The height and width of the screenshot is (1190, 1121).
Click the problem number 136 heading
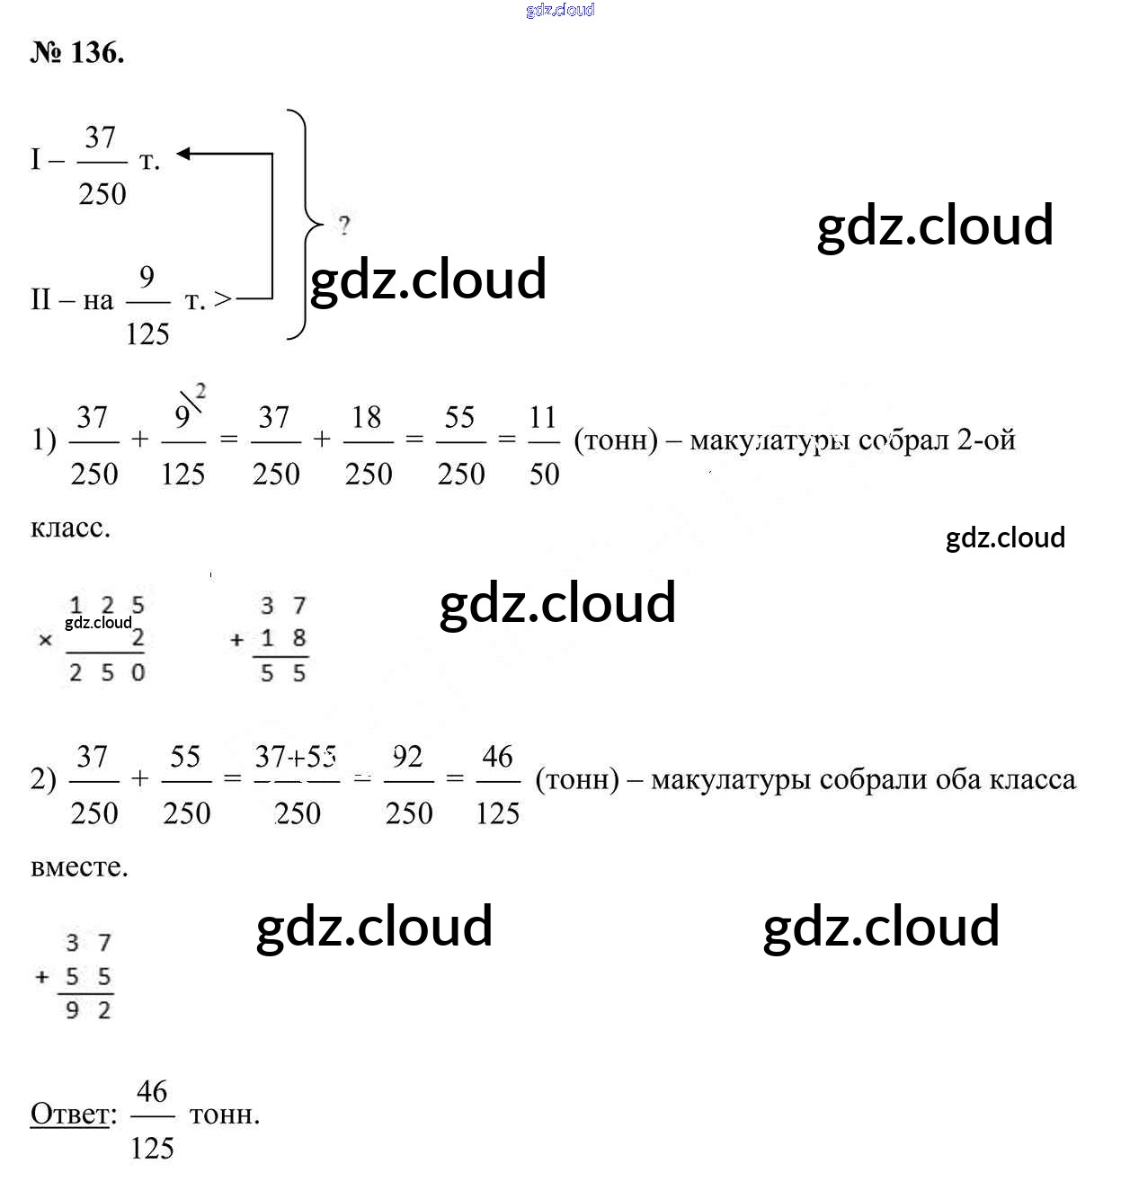coord(77,53)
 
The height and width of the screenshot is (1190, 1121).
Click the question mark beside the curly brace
coord(344,225)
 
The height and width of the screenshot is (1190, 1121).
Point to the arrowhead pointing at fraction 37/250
coord(183,154)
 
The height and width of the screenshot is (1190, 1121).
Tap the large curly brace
coord(303,225)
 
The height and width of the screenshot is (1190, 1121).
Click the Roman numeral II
coord(40,299)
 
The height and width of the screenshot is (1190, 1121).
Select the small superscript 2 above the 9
coord(200,391)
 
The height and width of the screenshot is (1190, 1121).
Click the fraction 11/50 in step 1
coord(543,444)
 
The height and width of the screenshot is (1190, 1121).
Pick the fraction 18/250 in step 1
coord(368,444)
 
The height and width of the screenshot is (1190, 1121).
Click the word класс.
coord(70,528)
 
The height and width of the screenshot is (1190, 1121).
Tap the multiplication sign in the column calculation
coord(46,641)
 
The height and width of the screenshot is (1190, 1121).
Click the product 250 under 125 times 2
coord(107,672)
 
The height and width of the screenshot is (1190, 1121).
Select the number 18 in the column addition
coord(283,638)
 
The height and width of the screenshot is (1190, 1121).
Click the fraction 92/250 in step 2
coord(408,784)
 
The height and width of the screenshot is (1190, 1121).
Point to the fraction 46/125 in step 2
coord(497,784)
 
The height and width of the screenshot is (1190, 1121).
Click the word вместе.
coord(79,867)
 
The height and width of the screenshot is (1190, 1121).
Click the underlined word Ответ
coord(72,1115)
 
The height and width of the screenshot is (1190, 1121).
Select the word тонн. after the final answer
coord(225,1115)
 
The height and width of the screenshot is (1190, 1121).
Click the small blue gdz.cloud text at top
coord(560,10)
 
